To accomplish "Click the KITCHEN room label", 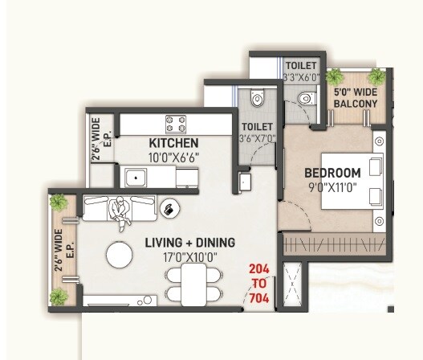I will pyautogui.click(x=173, y=144).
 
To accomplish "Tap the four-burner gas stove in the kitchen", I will pyautogui.click(x=176, y=124).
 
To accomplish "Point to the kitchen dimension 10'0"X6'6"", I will pyautogui.click(x=173, y=157).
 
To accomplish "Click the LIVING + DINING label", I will pyautogui.click(x=189, y=242).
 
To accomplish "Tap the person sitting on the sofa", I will pyautogui.click(x=120, y=210).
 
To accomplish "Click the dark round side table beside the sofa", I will pyautogui.click(x=170, y=209).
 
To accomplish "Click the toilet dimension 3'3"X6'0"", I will pyautogui.click(x=301, y=77).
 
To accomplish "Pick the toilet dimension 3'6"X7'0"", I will pyautogui.click(x=257, y=137).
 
